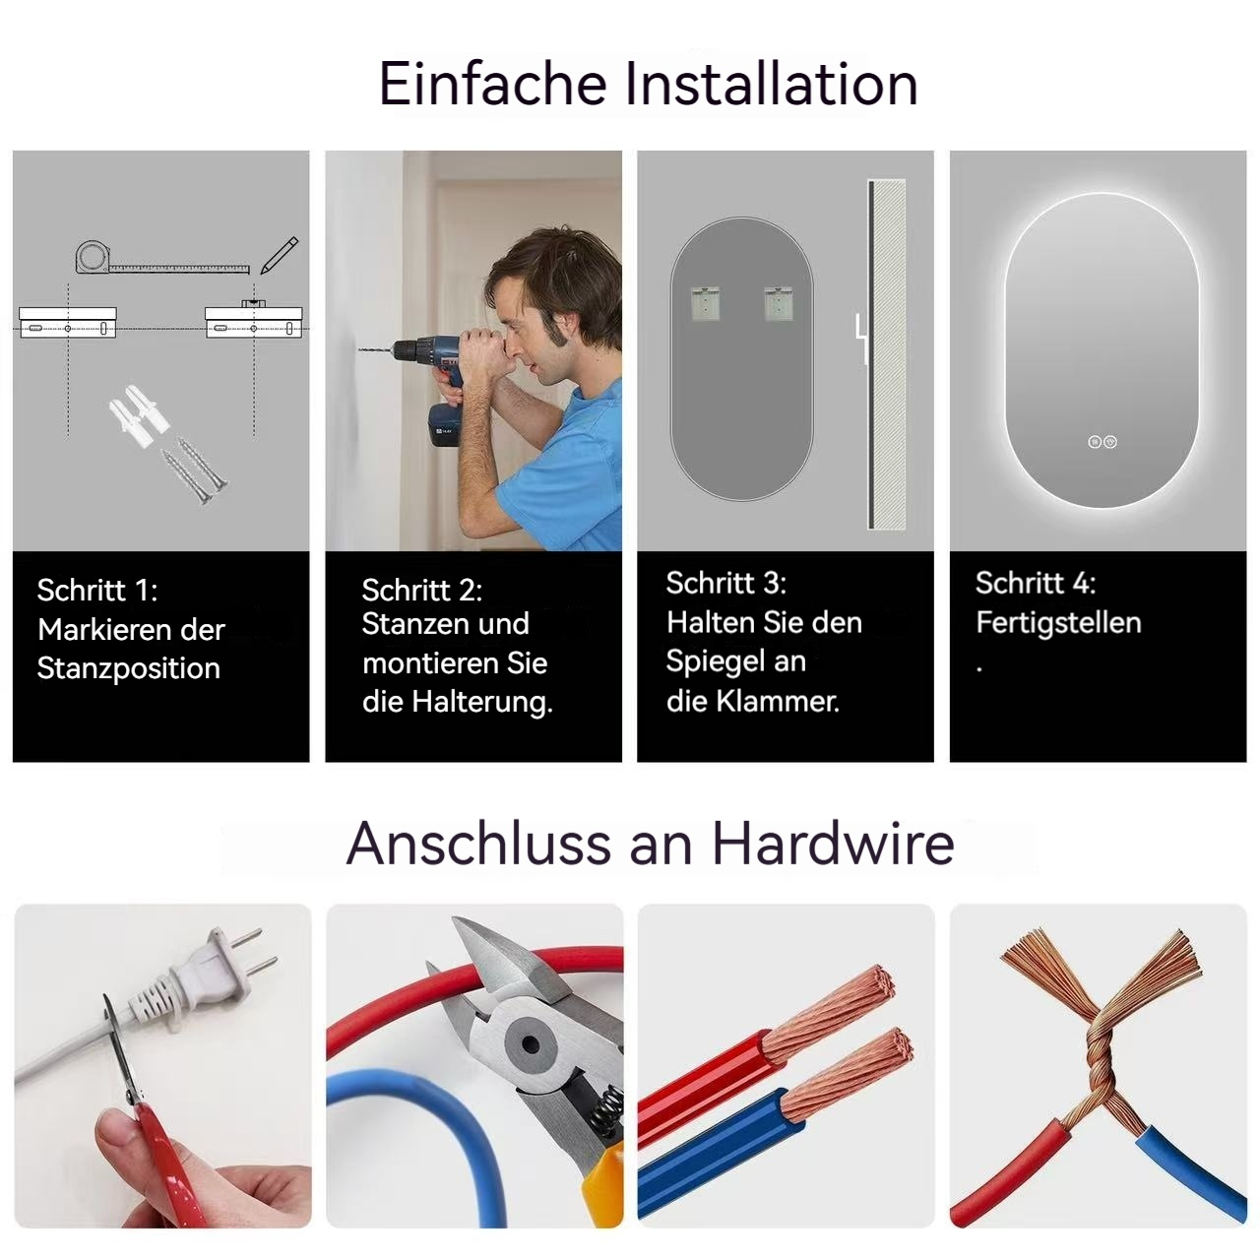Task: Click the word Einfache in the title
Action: [493, 84]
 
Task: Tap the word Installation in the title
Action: [772, 84]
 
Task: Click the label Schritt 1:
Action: [96, 590]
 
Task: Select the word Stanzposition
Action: [129, 669]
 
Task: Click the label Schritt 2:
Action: [421, 590]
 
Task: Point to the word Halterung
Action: [482, 702]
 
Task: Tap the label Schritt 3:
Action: [725, 583]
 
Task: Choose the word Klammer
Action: [778, 701]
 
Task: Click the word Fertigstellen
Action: [1058, 622]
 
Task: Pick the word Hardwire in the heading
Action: [833, 843]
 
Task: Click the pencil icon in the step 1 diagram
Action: [280, 255]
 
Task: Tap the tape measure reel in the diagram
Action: [94, 256]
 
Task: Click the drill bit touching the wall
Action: [376, 351]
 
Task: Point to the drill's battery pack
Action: [445, 425]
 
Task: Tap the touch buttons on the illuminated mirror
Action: [1102, 442]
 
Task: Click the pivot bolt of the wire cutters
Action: [531, 1044]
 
